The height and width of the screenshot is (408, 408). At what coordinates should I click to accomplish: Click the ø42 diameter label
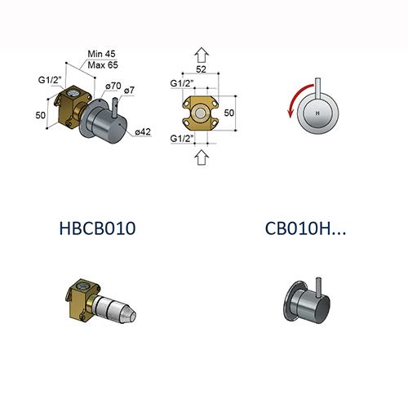click(x=141, y=131)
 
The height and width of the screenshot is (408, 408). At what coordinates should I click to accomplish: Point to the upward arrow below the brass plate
click(x=201, y=158)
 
